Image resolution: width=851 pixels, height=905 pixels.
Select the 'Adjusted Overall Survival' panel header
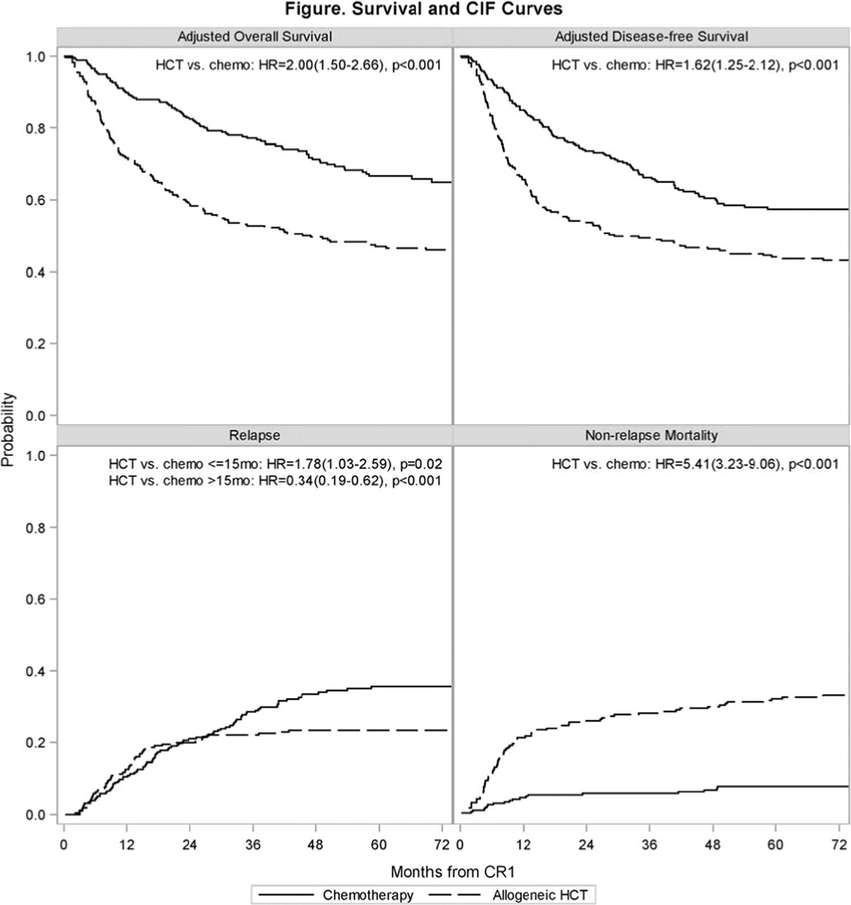[254, 36]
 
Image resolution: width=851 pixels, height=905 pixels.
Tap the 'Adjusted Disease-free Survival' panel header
[651, 36]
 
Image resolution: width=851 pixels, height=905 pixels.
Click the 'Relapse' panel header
[254, 435]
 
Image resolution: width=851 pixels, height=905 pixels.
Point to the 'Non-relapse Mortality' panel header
[651, 435]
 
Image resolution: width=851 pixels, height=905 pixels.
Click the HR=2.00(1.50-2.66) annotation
[298, 65]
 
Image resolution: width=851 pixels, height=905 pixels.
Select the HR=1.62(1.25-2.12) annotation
[694, 65]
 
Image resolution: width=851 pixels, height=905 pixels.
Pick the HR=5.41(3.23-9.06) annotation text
[694, 464]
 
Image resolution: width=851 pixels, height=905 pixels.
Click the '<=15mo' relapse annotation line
[275, 464]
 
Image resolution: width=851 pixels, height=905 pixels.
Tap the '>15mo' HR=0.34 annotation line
[275, 481]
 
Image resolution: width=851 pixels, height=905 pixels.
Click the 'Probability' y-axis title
[8, 429]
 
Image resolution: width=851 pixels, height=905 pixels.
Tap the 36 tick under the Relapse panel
[252, 845]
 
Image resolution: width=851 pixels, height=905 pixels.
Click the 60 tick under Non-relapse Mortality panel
[775, 845]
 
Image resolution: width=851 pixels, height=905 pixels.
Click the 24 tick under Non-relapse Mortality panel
[586, 845]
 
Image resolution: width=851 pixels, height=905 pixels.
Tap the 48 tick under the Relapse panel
[315, 845]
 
